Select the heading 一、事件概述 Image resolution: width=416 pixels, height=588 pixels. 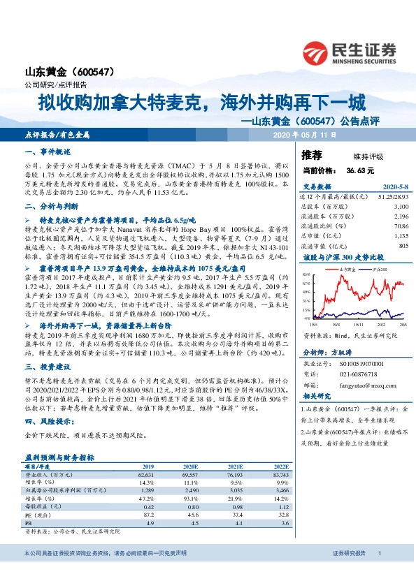click(x=48, y=152)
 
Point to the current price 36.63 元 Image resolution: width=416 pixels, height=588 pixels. click(x=359, y=169)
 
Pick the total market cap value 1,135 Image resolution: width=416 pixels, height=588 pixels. click(x=399, y=236)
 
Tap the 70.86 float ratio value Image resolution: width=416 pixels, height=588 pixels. click(x=400, y=226)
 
